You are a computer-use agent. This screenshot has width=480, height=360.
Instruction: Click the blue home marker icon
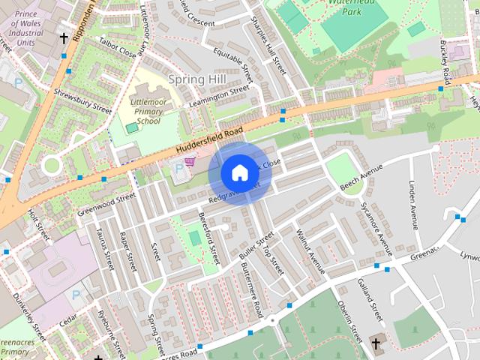239,172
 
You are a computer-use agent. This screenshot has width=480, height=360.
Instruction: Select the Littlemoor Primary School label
147,110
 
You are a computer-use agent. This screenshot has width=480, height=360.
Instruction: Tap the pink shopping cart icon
190,160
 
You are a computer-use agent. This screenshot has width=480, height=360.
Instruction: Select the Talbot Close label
117,49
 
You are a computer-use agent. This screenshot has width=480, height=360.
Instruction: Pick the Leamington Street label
219,94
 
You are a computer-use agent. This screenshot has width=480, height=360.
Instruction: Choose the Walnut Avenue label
310,251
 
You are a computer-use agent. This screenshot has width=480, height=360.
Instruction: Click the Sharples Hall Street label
268,45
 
